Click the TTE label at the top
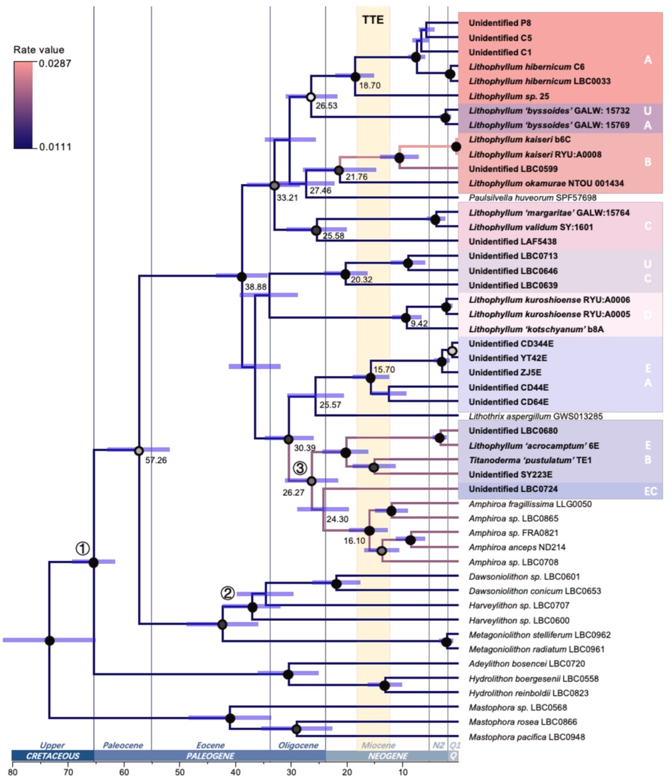click(373, 19)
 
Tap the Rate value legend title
click(39, 50)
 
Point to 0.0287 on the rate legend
click(55, 63)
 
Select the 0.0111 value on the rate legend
click(55, 147)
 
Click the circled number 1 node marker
click(82, 548)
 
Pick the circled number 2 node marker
click(227, 593)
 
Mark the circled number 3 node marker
click(300, 467)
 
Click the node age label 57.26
click(155, 460)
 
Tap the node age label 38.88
click(255, 286)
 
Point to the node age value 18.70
click(369, 85)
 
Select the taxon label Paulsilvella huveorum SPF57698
click(532, 197)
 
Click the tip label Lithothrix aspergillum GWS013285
click(535, 416)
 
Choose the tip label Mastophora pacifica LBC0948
click(527, 737)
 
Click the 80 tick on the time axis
click(13, 771)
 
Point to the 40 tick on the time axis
click(236, 771)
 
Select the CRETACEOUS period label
click(53, 756)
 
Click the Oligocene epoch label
click(298, 745)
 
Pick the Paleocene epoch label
click(123, 745)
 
